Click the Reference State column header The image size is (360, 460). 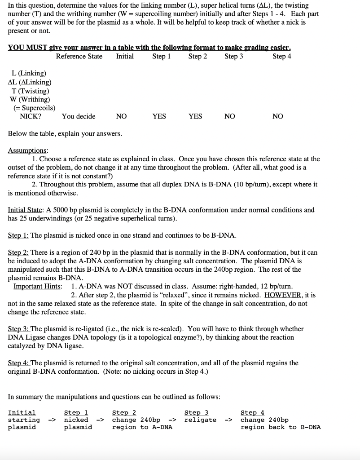[79, 56]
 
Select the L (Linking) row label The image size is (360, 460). [29, 73]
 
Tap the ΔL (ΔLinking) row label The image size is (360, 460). [30, 82]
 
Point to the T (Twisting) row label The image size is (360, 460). [31, 91]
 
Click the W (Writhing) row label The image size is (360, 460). [30, 99]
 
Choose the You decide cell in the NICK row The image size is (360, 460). [79, 116]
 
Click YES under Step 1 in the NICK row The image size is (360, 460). [159, 116]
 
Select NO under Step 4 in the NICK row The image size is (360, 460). [278, 116]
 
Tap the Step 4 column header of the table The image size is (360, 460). [282, 56]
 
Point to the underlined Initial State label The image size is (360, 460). [26, 210]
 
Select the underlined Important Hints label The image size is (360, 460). [38, 287]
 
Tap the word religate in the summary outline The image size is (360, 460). [200, 420]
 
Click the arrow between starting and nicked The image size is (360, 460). [52, 420]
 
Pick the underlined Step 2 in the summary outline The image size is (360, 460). [124, 412]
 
